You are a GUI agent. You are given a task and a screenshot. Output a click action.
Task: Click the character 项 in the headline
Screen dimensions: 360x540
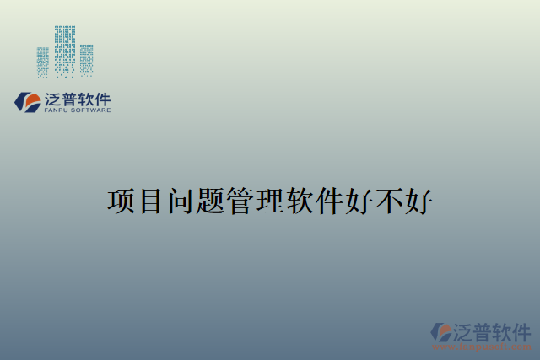[x=122, y=202]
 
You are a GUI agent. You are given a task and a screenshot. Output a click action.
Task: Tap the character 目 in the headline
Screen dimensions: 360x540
[x=152, y=202]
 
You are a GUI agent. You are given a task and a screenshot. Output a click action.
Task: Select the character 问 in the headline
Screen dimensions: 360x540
[x=181, y=202]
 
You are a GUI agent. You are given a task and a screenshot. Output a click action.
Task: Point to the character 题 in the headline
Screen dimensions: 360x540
[x=211, y=202]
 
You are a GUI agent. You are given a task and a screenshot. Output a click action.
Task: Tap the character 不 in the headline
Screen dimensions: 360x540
[x=388, y=202]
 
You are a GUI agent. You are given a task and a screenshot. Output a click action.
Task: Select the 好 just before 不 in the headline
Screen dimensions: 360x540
[x=359, y=202]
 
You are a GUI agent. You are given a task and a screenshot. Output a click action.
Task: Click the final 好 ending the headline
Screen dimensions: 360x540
[x=418, y=202]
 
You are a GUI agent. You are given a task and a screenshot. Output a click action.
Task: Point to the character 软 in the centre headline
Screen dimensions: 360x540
[x=300, y=202]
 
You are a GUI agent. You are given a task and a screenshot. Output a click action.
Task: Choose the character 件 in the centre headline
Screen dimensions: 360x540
[x=329, y=202]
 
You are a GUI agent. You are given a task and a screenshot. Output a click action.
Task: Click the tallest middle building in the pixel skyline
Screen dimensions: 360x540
[x=65, y=51]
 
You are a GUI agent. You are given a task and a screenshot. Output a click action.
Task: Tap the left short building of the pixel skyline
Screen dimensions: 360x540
[x=43, y=62]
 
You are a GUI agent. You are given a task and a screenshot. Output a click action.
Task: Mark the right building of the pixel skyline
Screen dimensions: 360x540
[x=86, y=60]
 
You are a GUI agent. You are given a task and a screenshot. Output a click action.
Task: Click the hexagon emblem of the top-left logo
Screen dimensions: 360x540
[x=28, y=103]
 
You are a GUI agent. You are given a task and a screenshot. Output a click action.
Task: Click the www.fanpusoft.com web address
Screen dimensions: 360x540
[x=482, y=347]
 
